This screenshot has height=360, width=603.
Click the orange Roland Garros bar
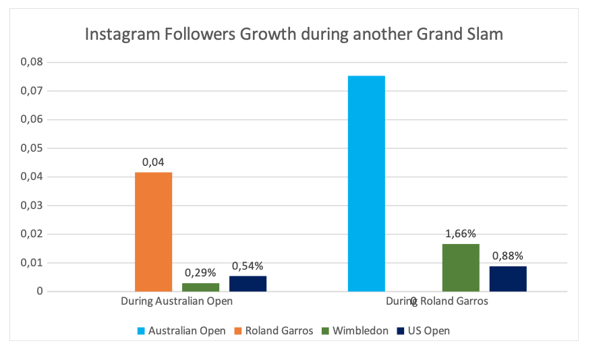[x=153, y=232]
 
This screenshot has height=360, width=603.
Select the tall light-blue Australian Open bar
[x=366, y=183]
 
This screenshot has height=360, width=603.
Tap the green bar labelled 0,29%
[x=200, y=287]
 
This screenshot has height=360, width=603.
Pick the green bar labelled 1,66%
[x=461, y=268]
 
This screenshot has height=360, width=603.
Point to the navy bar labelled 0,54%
[x=248, y=284]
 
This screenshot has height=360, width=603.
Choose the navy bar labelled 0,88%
[x=508, y=278]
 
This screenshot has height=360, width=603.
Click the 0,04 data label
[x=153, y=162]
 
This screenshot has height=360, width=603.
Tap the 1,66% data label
[x=461, y=234]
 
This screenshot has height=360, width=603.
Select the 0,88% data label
[x=508, y=256]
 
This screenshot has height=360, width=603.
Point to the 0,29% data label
[x=200, y=273]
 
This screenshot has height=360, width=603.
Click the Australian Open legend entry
[x=180, y=330]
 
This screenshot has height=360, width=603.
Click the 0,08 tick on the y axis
[x=31, y=62]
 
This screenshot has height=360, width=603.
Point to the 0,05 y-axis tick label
[x=31, y=148]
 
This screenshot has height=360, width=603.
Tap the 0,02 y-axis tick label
[x=31, y=234]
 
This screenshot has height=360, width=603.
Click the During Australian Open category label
[x=177, y=301]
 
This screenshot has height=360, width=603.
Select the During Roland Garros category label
[x=437, y=301]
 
